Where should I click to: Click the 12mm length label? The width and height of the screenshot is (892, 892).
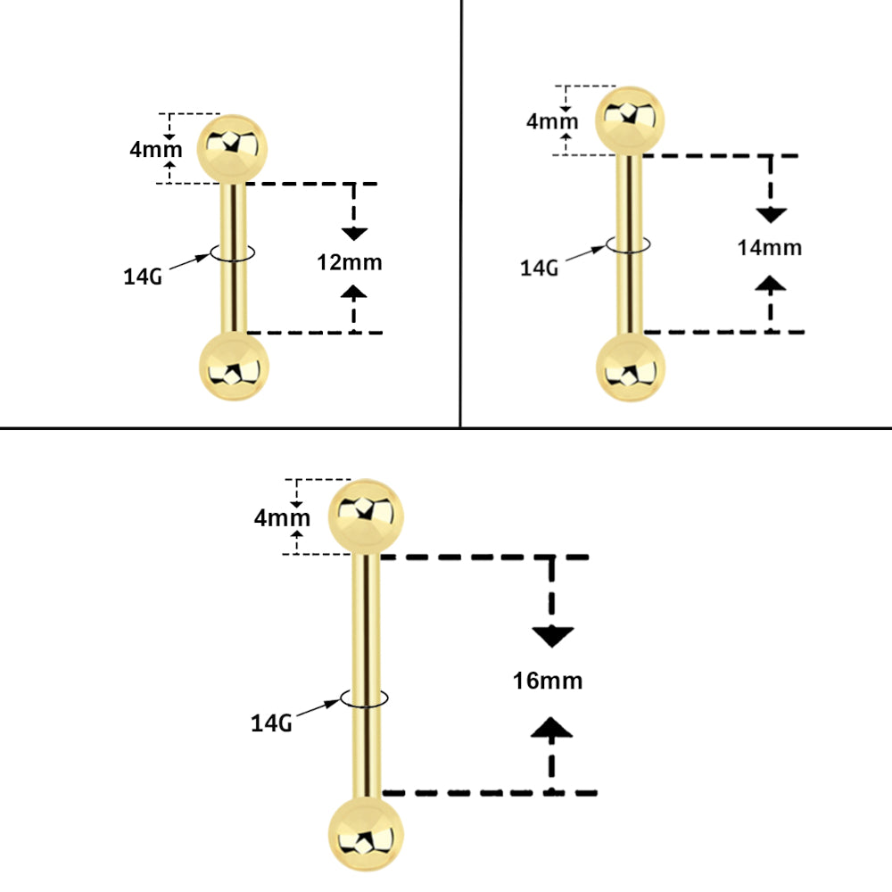[x=350, y=262]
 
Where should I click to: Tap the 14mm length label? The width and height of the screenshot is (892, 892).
[x=770, y=247]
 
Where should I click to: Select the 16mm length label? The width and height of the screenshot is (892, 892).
[x=548, y=681]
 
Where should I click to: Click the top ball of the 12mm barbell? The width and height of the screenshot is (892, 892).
[x=232, y=149]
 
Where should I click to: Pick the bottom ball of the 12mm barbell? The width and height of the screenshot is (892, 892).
[x=234, y=367]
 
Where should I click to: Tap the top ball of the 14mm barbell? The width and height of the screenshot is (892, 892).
[x=630, y=120]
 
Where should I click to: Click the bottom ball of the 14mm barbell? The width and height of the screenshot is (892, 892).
[x=631, y=368]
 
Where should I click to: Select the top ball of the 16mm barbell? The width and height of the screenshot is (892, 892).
[x=366, y=517]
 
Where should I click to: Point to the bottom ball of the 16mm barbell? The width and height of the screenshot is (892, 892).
[x=366, y=834]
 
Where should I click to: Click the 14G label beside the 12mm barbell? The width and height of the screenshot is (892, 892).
[x=143, y=277]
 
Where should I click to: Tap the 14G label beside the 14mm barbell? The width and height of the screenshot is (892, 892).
[x=540, y=268]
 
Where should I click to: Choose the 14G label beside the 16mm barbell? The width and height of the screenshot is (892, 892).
[x=271, y=723]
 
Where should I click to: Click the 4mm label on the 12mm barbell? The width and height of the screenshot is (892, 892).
[x=156, y=150]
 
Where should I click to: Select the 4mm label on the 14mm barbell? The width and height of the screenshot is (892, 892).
[x=552, y=121]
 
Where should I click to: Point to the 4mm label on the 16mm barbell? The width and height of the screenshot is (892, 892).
[x=282, y=518]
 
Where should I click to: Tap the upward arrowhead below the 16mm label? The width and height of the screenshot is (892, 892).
[x=552, y=728]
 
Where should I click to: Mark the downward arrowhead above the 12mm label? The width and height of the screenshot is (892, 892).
[x=354, y=233]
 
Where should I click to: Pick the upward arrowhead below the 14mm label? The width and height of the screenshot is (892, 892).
[x=771, y=284]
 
